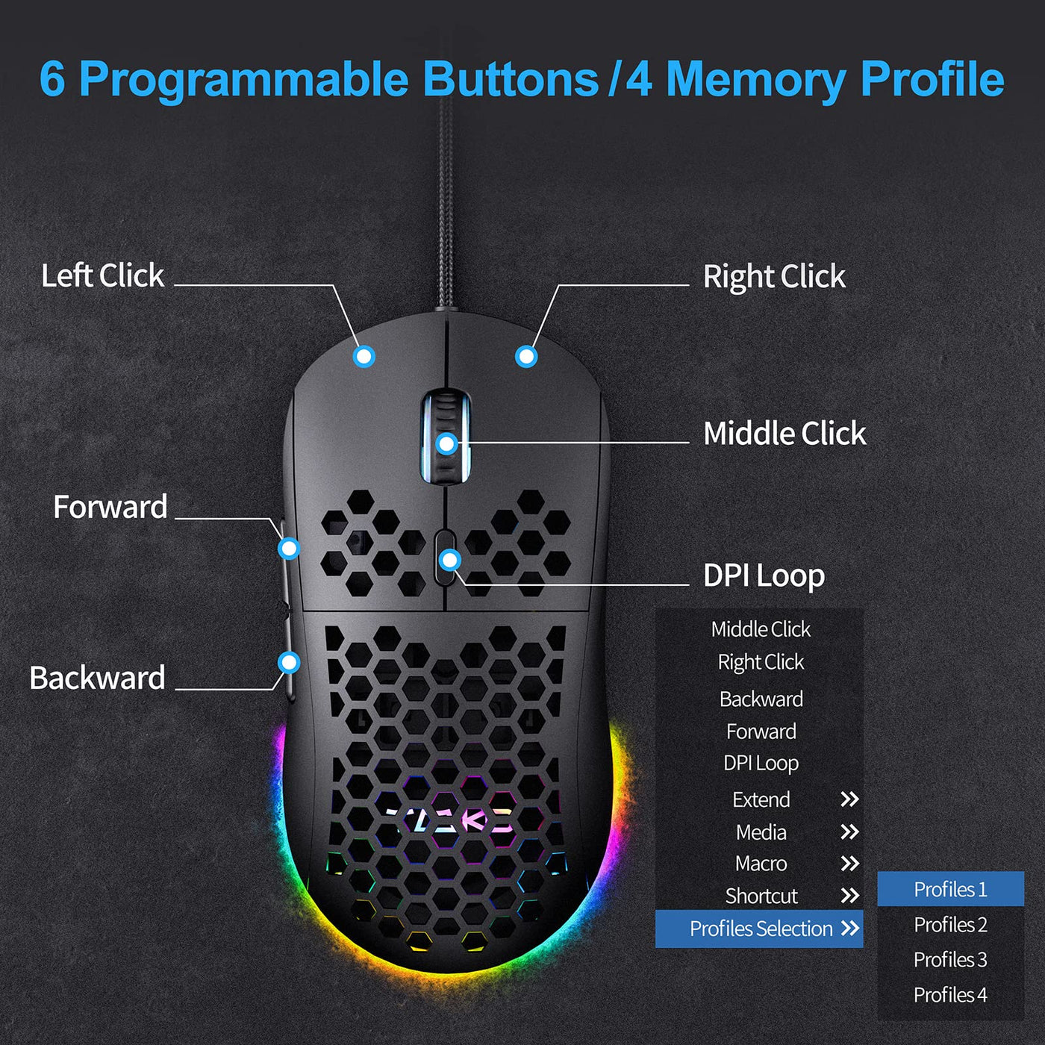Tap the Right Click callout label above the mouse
[x=774, y=277]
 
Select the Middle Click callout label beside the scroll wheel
[x=784, y=433]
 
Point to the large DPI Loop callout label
[x=764, y=576]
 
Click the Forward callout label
[x=110, y=507]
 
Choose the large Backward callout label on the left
[x=97, y=678]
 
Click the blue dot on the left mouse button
[x=364, y=357]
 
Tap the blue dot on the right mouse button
[x=526, y=357]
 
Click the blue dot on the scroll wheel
[x=446, y=444]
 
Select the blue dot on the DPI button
[x=449, y=560]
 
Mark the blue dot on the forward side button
[x=289, y=549]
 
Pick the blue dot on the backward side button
[x=289, y=662]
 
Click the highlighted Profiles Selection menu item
[x=758, y=929]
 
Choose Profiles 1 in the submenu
[x=950, y=890]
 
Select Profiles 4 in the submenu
[x=950, y=995]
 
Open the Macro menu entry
[x=761, y=864]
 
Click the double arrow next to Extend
[x=849, y=799]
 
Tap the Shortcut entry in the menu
[x=761, y=896]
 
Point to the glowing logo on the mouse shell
[x=448, y=820]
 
